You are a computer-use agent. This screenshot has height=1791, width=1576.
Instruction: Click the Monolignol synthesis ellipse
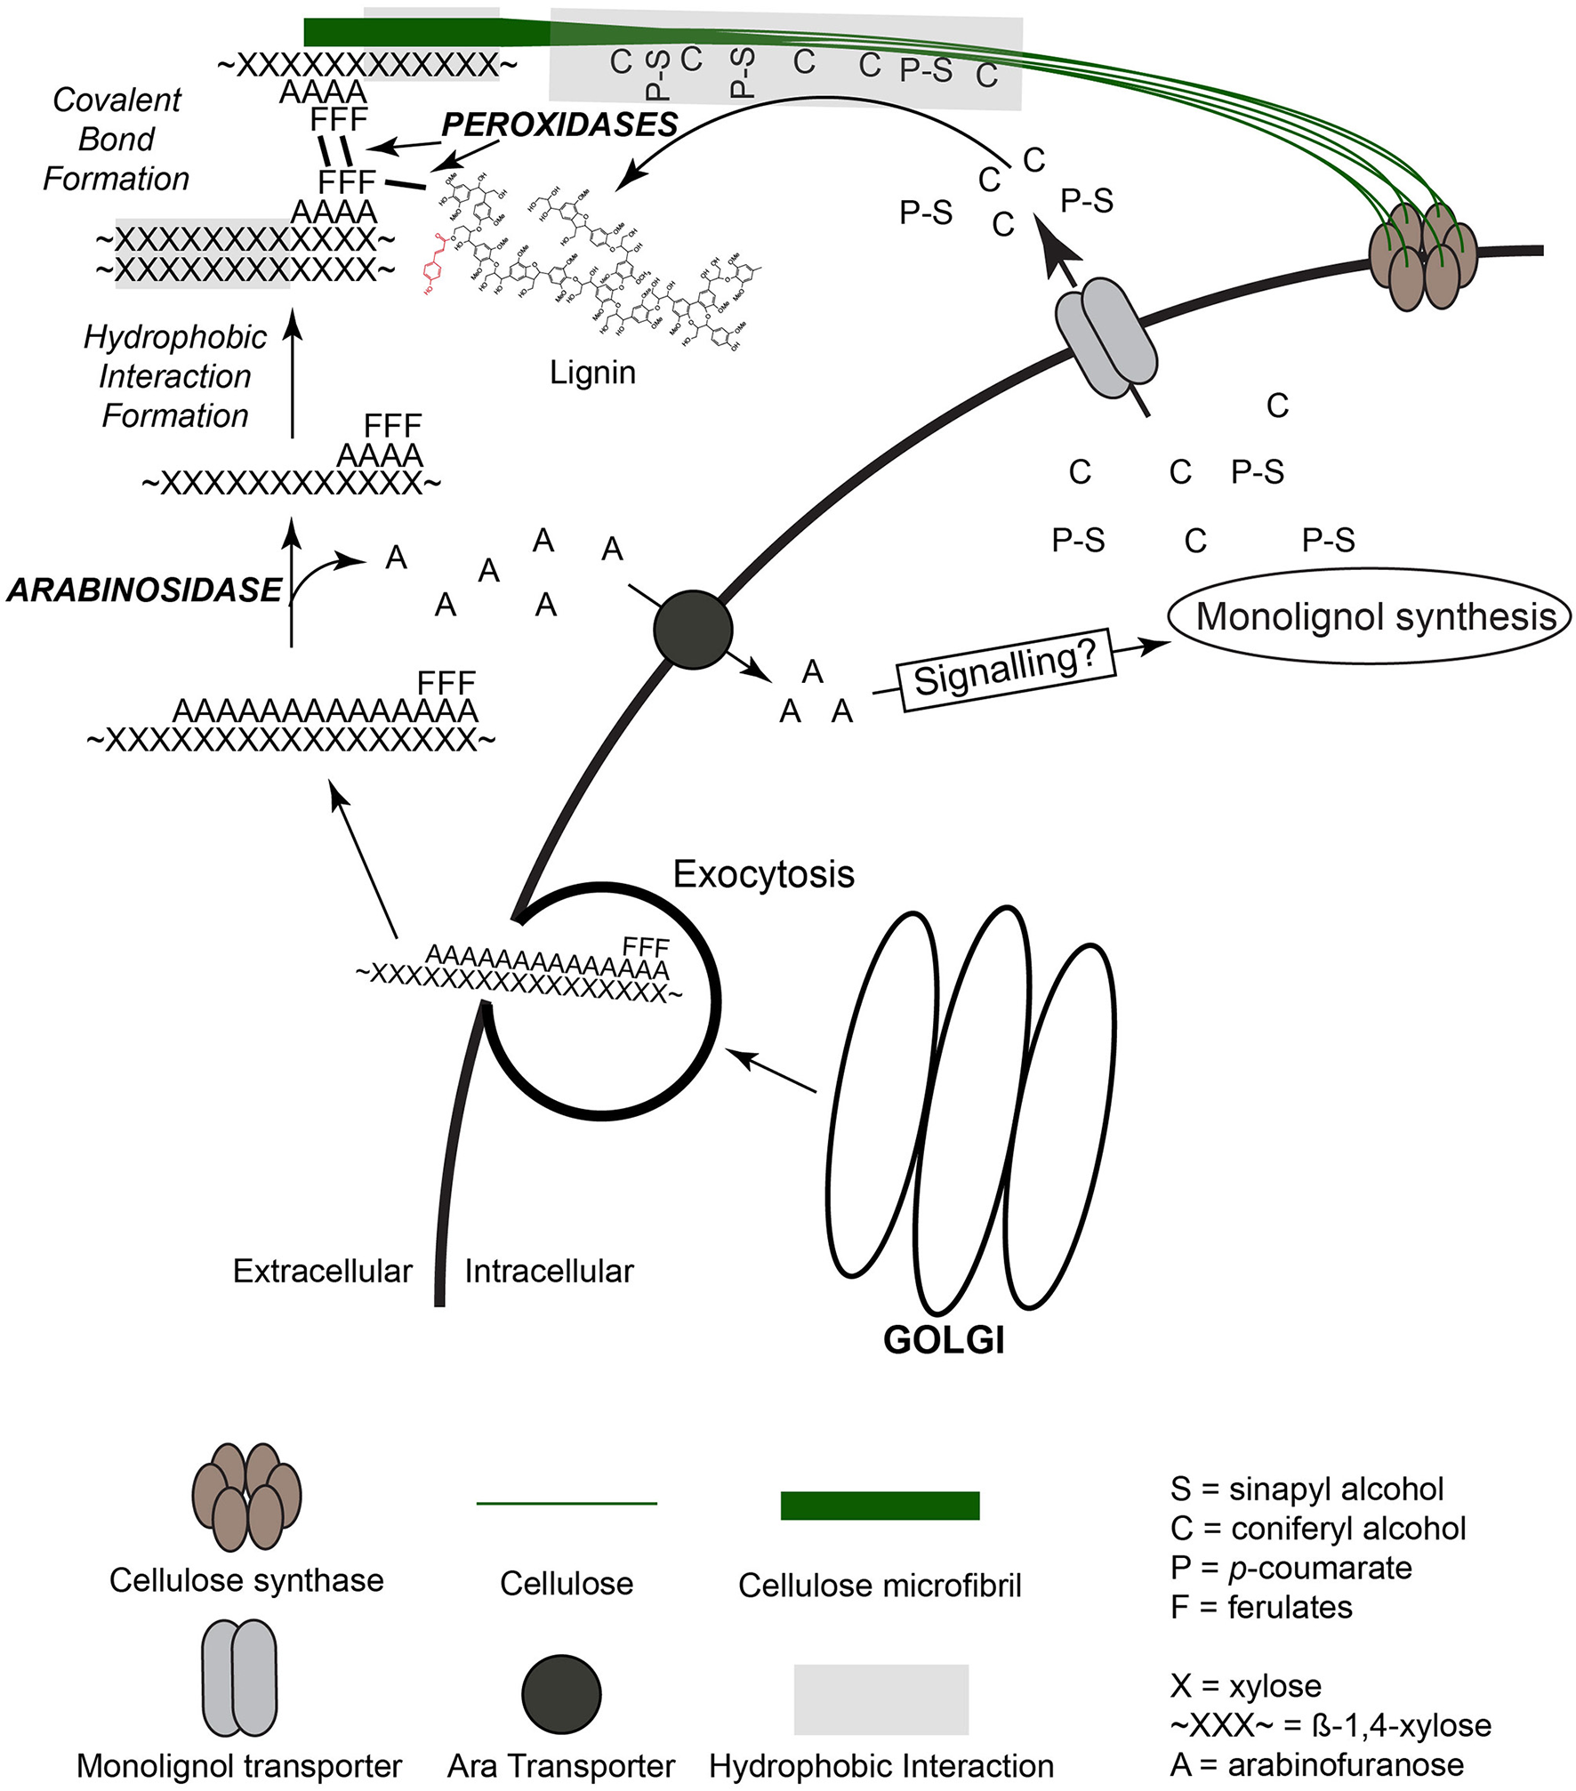tap(1370, 616)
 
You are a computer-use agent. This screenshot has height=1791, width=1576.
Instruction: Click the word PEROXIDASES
tap(560, 125)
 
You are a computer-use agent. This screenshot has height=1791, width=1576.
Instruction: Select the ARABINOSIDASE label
tap(144, 590)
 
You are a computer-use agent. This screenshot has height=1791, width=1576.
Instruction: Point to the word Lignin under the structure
tap(592, 372)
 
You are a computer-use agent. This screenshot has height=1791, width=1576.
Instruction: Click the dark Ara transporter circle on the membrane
tap(692, 629)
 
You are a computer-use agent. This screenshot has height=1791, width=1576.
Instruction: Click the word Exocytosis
tap(763, 874)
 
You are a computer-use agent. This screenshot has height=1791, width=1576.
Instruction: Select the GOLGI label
tap(944, 1339)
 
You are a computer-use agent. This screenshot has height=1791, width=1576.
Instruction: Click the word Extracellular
tap(322, 1271)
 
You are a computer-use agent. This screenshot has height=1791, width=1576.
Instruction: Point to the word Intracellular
tap(549, 1272)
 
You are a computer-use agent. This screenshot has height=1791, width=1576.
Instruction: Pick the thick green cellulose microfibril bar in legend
tap(880, 1506)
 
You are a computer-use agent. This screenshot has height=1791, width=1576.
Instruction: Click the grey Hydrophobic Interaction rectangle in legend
tap(880, 1699)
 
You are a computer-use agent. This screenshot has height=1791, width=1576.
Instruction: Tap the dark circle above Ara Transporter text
tap(561, 1694)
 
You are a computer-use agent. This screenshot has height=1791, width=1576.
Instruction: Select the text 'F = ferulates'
tap(1261, 1607)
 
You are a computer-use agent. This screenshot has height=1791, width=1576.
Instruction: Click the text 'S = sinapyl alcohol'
tap(1307, 1489)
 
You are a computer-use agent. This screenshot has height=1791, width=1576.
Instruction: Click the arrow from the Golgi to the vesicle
tap(770, 1070)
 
